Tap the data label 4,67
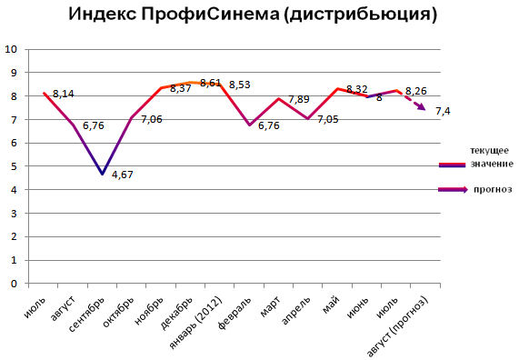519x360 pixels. [123, 175]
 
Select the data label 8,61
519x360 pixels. [211, 83]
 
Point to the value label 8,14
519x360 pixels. [64, 93]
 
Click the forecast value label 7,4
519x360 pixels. [444, 111]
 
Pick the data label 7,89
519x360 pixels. [299, 99]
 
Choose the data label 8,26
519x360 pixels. [416, 91]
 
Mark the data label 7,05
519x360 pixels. [328, 118]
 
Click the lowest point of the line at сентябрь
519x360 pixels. [104, 174]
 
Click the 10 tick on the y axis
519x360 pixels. [11, 49]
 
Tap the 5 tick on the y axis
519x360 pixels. [13, 166]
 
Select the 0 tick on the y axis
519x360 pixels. [13, 284]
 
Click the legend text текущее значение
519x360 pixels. [492, 155]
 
